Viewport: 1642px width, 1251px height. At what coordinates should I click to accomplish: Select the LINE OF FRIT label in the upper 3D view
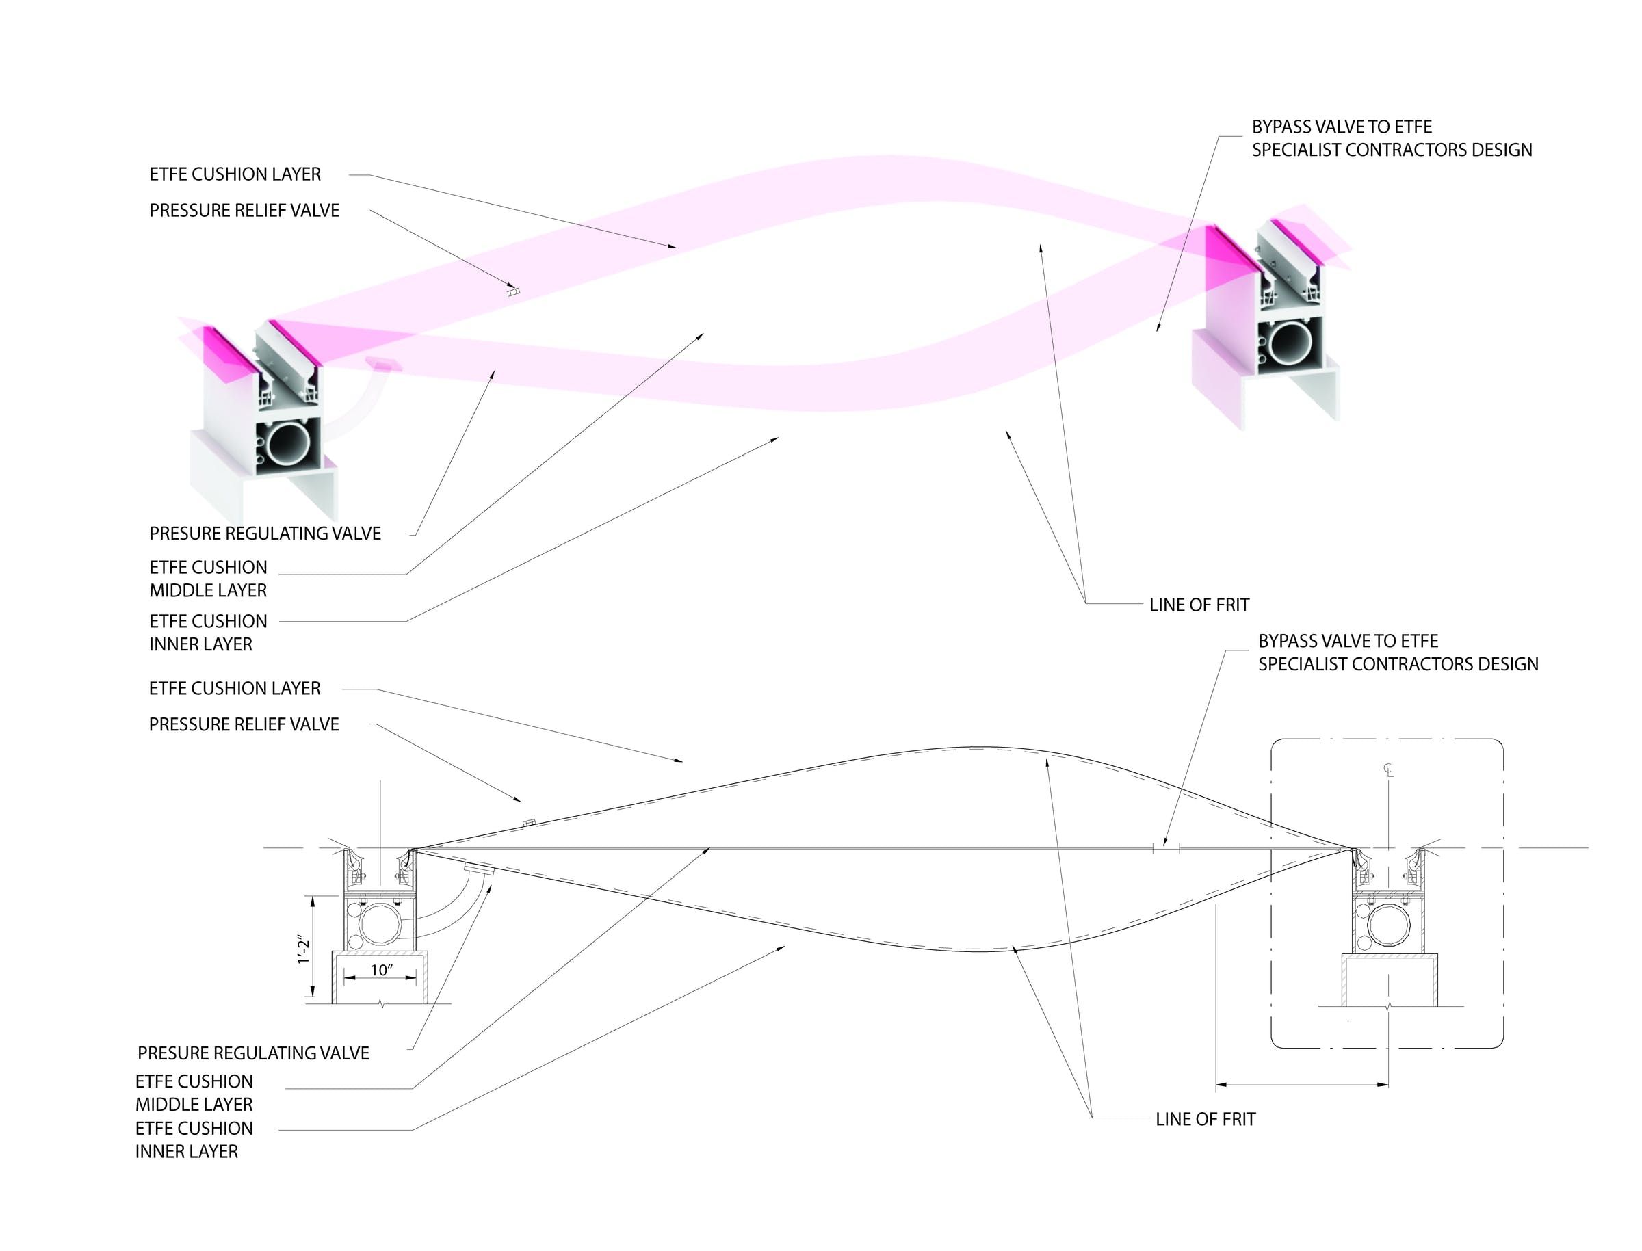[x=1199, y=605]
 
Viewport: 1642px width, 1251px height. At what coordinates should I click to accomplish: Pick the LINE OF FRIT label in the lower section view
[x=1205, y=1119]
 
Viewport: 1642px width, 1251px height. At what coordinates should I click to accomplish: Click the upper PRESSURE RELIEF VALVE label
[x=244, y=211]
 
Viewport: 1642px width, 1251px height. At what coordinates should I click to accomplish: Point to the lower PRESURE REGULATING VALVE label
[x=253, y=1053]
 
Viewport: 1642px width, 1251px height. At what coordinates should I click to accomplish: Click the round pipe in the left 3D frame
[x=289, y=445]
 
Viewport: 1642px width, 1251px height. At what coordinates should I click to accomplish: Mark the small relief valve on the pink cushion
[x=513, y=291]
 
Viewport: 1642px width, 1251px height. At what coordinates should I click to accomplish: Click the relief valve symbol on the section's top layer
[x=530, y=823]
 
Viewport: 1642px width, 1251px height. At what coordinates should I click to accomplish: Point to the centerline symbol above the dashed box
[x=1388, y=769]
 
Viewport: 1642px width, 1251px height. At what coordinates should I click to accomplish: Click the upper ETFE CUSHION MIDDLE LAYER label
[x=208, y=579]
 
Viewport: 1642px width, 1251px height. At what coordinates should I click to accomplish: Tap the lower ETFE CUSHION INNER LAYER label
[x=194, y=1140]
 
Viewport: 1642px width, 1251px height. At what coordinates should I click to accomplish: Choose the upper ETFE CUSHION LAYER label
[x=235, y=174]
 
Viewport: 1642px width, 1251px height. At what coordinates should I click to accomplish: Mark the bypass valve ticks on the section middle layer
[x=1166, y=847]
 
